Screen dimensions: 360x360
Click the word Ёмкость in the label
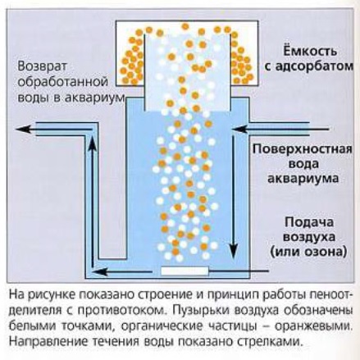tap(309, 51)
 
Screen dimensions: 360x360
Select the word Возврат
tap(43, 67)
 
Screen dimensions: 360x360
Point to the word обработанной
tap(63, 82)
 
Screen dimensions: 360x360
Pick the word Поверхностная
tap(302, 150)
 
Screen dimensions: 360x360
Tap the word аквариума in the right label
tap(303, 179)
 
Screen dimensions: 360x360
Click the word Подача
tap(309, 222)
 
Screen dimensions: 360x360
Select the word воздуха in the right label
tap(309, 237)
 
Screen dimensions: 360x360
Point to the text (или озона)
tap(308, 252)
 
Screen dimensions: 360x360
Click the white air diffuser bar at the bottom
tap(185, 271)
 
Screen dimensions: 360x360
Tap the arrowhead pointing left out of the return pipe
tap(23, 129)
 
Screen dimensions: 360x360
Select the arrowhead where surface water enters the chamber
tap(239, 129)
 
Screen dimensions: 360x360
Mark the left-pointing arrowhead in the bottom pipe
tap(98, 271)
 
